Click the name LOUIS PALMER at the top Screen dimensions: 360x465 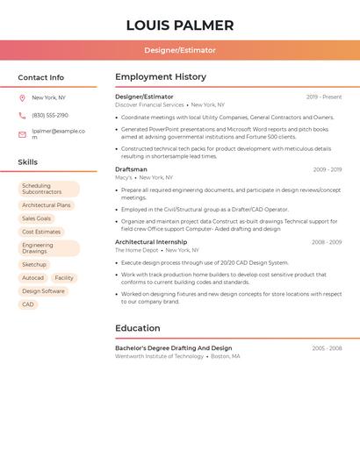[179, 25]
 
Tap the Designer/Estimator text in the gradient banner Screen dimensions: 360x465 [179, 50]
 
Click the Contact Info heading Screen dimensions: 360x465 [40, 77]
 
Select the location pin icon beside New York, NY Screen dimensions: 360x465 [22, 98]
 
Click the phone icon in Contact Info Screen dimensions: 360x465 [22, 116]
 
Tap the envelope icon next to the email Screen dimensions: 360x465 [22, 134]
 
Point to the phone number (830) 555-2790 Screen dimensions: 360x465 [50, 116]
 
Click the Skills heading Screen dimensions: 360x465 [27, 162]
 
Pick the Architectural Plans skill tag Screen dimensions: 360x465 [46, 205]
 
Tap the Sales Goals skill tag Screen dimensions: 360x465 [36, 218]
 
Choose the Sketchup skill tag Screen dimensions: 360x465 [34, 264]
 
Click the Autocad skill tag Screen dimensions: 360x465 [32, 278]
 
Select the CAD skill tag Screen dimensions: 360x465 [28, 304]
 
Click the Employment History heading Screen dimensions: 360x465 [161, 77]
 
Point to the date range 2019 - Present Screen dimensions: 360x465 [324, 97]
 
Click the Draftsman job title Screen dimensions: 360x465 [131, 169]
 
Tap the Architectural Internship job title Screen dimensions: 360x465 [150, 242]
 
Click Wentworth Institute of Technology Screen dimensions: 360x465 [159, 357]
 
